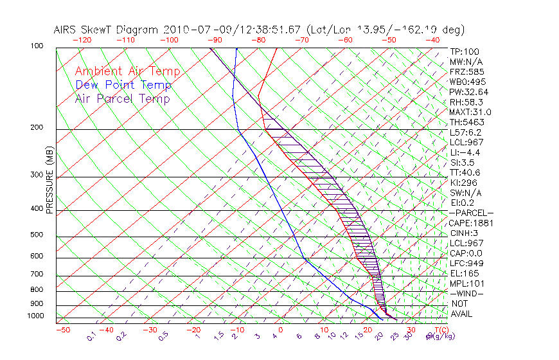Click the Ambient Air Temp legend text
127,71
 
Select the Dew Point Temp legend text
123,85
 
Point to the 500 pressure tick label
36,235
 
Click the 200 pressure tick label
36,128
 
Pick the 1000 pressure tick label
35,316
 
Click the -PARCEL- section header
471,213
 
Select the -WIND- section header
466,293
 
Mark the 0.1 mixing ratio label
92,336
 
